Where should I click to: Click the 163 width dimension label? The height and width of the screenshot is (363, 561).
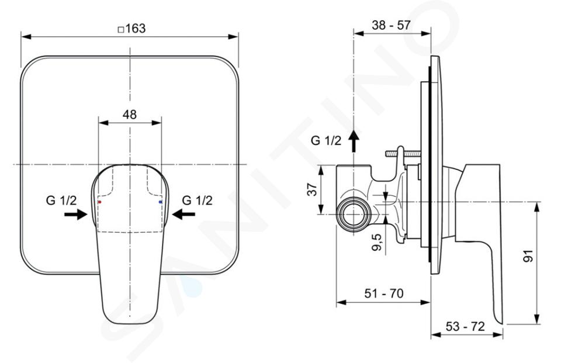click(136, 28)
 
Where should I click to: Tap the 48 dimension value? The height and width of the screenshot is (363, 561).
click(130, 115)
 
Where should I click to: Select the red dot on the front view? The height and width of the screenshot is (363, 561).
click(100, 202)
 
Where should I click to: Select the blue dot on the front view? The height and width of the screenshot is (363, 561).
click(160, 202)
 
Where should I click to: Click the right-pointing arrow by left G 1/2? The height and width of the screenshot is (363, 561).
click(76, 215)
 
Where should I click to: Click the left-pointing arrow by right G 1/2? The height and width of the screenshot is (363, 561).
click(183, 215)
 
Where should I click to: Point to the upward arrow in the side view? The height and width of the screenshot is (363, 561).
click(354, 141)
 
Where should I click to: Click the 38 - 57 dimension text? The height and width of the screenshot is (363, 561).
click(391, 25)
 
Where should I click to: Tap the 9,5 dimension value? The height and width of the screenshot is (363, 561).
click(377, 242)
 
